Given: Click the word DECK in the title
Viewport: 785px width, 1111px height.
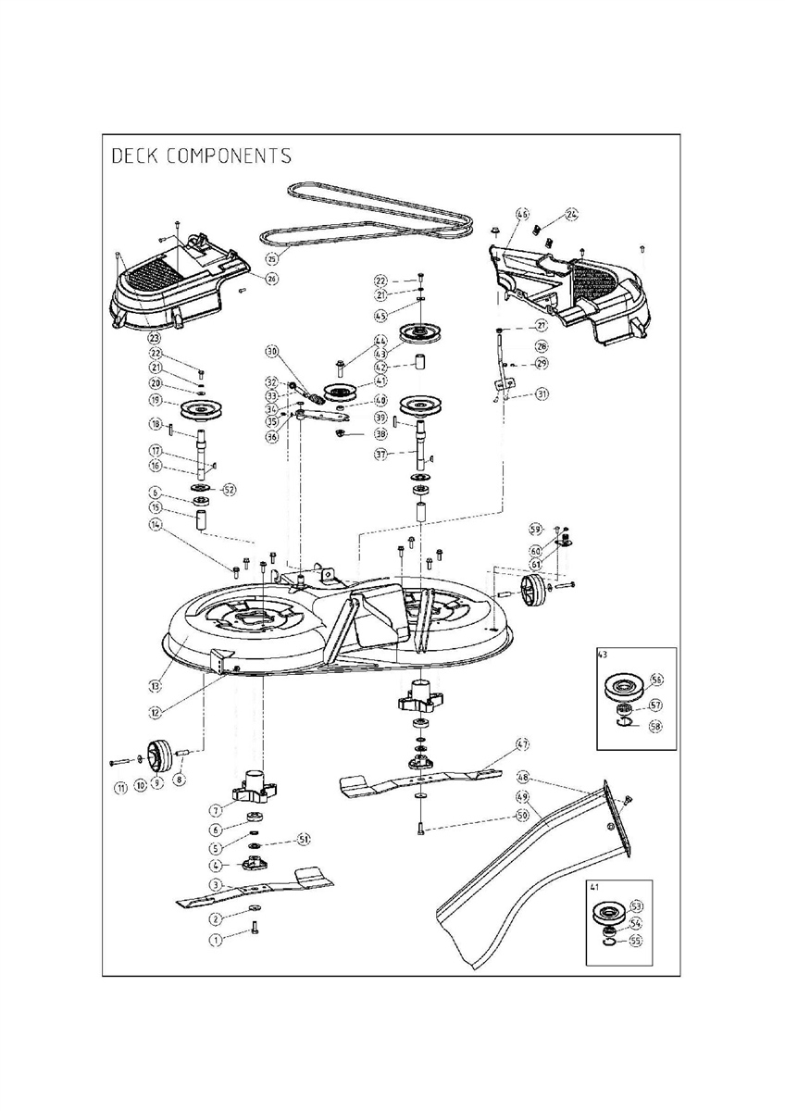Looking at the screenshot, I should (133, 155).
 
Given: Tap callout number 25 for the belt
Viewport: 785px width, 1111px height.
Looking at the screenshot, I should (272, 258).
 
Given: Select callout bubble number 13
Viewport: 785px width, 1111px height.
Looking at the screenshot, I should (156, 686).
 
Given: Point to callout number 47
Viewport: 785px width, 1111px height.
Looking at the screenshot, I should (522, 744).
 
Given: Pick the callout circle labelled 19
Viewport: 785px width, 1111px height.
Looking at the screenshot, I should (156, 402).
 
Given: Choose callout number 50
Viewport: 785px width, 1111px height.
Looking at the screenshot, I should (522, 816).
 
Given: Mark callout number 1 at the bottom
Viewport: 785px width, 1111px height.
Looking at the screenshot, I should (217, 939).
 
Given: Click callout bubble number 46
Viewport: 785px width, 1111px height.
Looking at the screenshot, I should (522, 216).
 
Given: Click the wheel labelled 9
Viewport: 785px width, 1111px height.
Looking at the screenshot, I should (155, 754).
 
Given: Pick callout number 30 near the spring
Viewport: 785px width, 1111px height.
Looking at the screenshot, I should (272, 352).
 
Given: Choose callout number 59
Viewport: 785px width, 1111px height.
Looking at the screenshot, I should (535, 530).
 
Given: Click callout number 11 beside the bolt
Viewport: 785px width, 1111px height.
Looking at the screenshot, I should (119, 788).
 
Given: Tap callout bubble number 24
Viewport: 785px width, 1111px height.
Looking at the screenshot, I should (571, 216).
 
